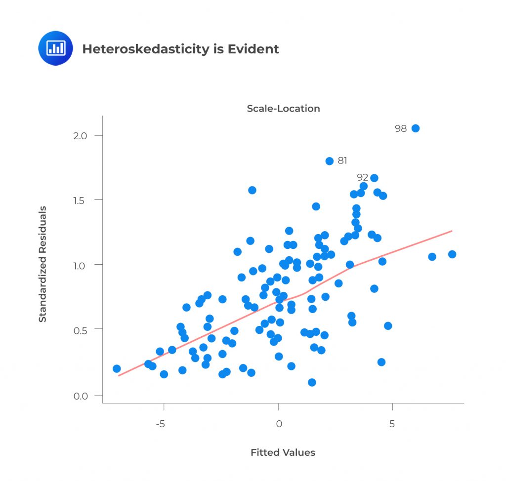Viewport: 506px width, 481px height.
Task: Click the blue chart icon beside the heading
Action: coord(55,48)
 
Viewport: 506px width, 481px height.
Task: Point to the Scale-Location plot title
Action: coord(283,109)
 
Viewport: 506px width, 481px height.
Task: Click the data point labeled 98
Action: coord(416,128)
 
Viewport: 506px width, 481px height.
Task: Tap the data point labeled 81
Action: coord(330,161)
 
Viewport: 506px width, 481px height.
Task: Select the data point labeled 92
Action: coord(374,178)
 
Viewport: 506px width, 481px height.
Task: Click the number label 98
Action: coord(401,128)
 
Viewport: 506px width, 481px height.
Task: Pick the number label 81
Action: coord(342,160)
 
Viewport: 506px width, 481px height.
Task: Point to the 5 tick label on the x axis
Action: coord(392,424)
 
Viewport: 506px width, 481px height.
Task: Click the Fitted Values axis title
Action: coord(283,452)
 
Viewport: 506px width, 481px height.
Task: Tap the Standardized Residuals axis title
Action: coord(43,264)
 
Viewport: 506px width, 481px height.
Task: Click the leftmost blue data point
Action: coord(117,368)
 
